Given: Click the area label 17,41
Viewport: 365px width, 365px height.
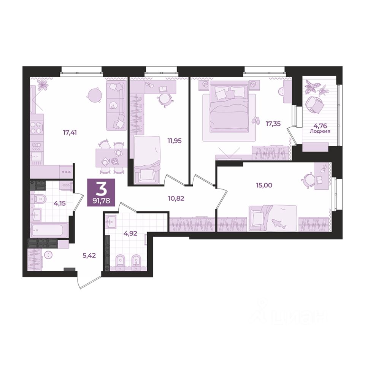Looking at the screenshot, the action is tap(70, 133).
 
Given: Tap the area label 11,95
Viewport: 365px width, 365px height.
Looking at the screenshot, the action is tap(175, 141).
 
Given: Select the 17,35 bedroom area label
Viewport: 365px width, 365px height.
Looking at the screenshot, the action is tap(273, 124).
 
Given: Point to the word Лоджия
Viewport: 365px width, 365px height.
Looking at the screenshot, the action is tap(320, 131).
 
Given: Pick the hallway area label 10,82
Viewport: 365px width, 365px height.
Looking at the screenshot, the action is tap(176, 198).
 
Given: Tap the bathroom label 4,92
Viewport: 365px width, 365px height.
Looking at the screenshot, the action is tap(130, 233).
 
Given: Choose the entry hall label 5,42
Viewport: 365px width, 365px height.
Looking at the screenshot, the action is tap(89, 255).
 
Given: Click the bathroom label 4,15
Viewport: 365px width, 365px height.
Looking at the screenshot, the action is tap(60, 203).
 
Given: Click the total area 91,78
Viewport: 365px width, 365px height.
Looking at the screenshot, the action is tap(101, 201).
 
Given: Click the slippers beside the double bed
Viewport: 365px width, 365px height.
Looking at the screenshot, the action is tap(255, 120).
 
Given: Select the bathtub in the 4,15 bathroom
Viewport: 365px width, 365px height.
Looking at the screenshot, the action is tap(49, 230).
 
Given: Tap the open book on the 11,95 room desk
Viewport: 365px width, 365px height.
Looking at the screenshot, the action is tap(163, 89).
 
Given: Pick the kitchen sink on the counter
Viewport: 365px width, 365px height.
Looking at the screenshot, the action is tap(36, 156).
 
